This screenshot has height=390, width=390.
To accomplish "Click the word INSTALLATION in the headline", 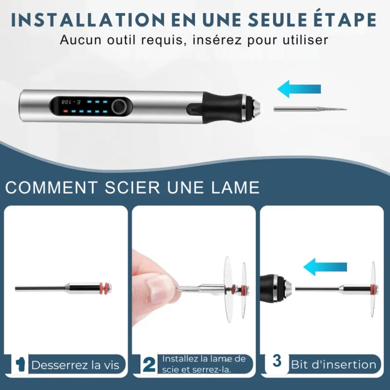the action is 88,19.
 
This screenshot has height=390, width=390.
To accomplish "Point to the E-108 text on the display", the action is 71,102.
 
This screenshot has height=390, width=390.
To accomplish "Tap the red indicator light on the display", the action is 65,111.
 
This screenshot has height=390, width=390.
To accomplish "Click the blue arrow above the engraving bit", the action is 299,89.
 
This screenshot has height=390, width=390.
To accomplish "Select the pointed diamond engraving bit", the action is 310,109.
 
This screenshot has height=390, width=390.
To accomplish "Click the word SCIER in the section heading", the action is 132,188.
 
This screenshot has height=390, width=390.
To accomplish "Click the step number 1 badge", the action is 20,365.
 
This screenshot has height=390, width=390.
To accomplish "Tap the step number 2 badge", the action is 149,365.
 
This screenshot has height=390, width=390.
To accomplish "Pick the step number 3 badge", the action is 276,361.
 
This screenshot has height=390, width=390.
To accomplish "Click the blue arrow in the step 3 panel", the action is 325,267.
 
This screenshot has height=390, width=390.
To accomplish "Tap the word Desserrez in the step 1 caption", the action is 59,365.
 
